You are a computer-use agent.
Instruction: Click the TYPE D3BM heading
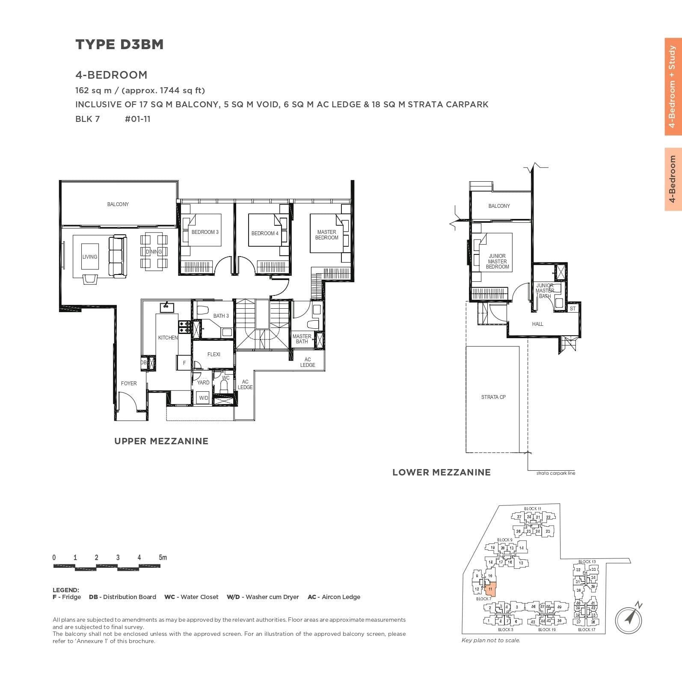point(119,44)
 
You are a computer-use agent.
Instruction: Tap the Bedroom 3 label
point(205,232)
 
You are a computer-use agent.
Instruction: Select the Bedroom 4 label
point(265,233)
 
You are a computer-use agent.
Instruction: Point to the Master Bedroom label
point(326,235)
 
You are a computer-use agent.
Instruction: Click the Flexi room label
point(213,354)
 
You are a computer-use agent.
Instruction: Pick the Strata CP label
point(493,397)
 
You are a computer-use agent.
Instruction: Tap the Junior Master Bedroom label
point(497,261)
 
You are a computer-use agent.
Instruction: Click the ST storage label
point(572,308)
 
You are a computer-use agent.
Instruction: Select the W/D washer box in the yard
point(204,398)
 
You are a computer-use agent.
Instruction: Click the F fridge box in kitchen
point(184,363)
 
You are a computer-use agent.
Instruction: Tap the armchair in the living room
point(90,279)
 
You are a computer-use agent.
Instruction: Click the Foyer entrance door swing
point(128,402)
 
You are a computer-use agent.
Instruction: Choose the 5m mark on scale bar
point(163,558)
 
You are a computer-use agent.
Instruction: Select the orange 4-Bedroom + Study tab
point(673,87)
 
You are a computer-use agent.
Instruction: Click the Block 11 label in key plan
point(533,509)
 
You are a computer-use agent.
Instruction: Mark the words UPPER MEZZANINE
point(161,441)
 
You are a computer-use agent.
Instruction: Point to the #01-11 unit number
point(137,119)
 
